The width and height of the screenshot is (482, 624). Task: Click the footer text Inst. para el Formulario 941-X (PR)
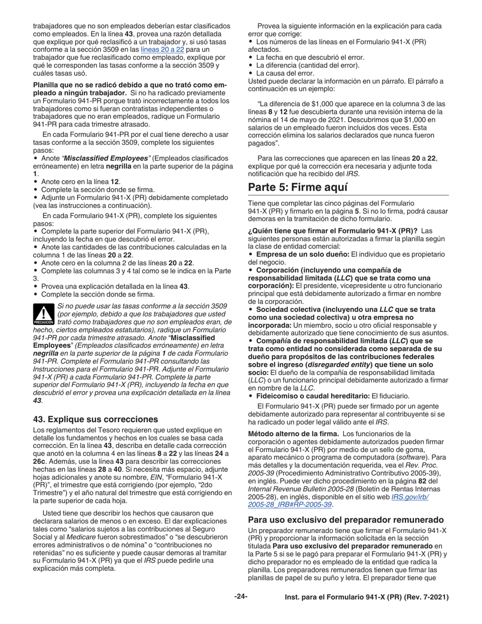[x=366, y=597]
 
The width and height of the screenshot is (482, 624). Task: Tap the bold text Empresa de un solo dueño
[x=302, y=254]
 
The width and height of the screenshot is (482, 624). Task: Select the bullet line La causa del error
[x=285, y=73]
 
